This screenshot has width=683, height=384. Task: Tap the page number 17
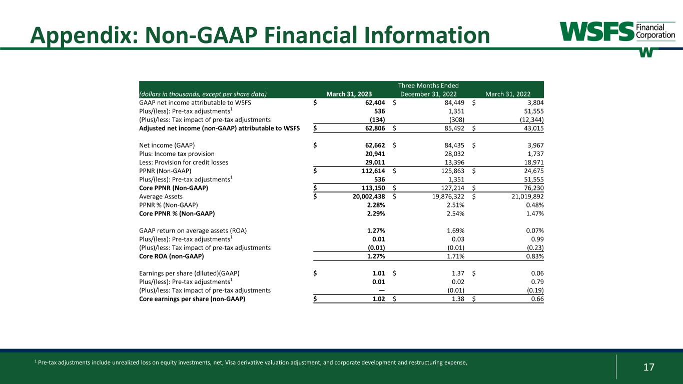[x=648, y=367]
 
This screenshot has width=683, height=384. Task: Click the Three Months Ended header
[x=428, y=85]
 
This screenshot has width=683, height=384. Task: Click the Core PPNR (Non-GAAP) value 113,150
[x=372, y=188]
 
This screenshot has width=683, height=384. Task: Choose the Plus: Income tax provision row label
[x=177, y=154]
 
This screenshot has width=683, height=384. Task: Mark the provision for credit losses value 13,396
[x=453, y=162]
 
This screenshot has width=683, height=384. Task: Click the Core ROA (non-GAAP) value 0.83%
[x=533, y=256]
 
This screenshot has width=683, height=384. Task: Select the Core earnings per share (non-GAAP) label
[x=192, y=299]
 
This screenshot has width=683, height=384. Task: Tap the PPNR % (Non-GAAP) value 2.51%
[x=453, y=205]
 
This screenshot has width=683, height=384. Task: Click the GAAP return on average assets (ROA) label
[x=193, y=230]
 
